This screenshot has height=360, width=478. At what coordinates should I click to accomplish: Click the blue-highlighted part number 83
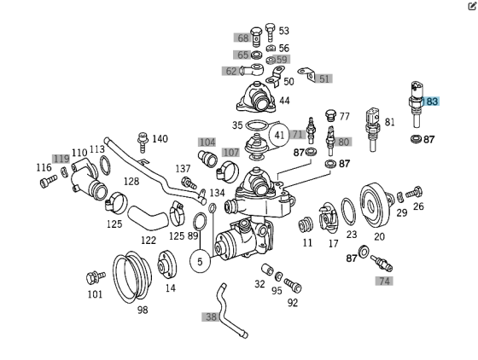click(x=432, y=102)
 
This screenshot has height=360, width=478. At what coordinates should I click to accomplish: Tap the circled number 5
click(x=200, y=261)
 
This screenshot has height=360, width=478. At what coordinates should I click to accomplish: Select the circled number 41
click(x=279, y=136)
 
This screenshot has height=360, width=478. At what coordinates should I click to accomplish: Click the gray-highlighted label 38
click(x=210, y=317)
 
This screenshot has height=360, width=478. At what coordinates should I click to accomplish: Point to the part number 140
click(x=160, y=139)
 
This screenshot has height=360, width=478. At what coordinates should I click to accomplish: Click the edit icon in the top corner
click(x=471, y=6)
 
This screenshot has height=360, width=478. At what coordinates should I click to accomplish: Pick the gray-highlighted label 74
click(x=384, y=281)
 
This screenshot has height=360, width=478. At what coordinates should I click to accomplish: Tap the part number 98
click(x=143, y=310)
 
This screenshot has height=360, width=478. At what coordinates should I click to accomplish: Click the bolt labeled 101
click(x=96, y=277)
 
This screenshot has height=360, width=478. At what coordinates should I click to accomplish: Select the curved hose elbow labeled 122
click(x=148, y=218)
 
